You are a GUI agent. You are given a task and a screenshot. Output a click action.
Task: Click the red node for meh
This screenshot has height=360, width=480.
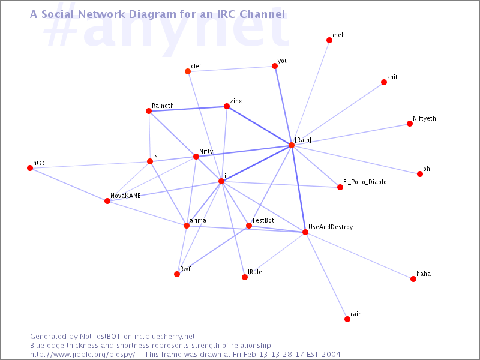point(329,40)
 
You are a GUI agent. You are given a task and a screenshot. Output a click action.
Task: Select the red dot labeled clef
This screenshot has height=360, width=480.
point(188,71)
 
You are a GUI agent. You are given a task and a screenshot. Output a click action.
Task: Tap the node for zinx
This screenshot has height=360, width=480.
point(227,106)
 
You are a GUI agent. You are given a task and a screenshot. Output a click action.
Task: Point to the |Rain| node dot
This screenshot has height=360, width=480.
point(292,145)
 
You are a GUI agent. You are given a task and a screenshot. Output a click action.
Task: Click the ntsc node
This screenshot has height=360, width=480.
point(30,168)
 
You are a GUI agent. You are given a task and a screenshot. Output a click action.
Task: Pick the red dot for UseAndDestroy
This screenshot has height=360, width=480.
point(305,232)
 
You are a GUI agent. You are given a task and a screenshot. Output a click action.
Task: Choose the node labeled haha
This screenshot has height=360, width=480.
point(413,279)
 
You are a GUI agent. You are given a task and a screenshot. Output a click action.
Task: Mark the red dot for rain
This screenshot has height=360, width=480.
point(347,319)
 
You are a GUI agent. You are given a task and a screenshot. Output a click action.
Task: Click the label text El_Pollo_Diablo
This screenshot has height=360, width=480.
point(365,182)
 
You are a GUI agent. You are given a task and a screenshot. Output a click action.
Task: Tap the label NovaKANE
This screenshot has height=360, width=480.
point(125,196)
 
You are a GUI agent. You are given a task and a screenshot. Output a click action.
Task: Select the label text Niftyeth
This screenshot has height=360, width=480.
point(424,118)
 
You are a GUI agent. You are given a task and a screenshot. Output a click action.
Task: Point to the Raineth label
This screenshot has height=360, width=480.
point(163,106)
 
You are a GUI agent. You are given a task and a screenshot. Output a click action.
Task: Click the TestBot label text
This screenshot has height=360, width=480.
point(263,220)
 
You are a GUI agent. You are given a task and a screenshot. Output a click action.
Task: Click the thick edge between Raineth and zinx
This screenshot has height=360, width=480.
point(188,109)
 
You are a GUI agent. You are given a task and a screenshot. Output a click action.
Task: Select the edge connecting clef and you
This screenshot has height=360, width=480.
point(231,68)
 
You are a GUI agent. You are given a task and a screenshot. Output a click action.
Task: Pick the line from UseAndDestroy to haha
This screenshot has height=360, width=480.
point(359,256)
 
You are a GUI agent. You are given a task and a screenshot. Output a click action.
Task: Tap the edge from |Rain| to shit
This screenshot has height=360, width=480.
point(338,113)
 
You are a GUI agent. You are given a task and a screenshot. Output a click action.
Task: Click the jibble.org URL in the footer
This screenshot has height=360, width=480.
point(82,355)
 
